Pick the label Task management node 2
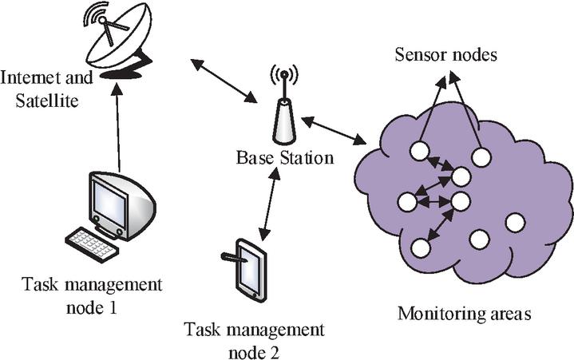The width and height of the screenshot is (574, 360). point(254,338)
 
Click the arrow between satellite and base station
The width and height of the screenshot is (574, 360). point(223,79)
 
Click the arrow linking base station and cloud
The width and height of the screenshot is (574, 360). point(334,129)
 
